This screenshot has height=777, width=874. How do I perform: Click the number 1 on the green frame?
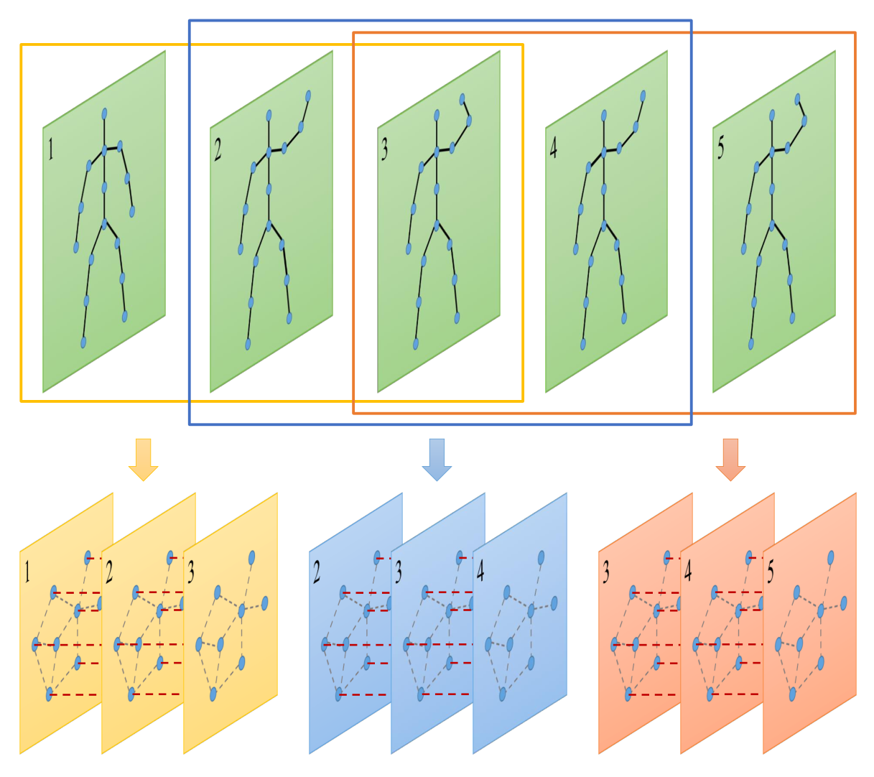(x=51, y=149)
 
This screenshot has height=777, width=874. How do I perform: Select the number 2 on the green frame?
(x=218, y=149)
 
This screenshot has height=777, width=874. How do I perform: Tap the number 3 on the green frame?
(x=384, y=149)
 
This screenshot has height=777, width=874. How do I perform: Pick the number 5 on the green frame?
(x=720, y=147)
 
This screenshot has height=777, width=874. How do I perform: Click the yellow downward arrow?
(x=143, y=460)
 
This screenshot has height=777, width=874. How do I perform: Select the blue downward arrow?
(x=437, y=460)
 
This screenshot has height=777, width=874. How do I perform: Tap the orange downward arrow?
(x=730, y=460)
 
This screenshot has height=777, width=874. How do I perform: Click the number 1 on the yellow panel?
(x=27, y=572)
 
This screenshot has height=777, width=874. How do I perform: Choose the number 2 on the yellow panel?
(x=109, y=572)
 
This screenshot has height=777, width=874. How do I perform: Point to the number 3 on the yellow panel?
(x=191, y=572)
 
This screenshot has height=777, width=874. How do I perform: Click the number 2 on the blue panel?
(x=317, y=572)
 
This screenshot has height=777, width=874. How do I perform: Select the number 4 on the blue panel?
(x=480, y=572)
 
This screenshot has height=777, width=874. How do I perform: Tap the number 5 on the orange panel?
(x=771, y=572)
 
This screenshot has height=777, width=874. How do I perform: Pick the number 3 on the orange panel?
(x=606, y=572)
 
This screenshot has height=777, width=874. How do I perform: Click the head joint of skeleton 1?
(x=104, y=114)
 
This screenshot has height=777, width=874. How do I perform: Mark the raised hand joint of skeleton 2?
(x=308, y=96)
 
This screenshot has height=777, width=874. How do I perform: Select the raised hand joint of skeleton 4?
(x=643, y=96)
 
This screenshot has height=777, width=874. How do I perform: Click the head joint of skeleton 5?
(x=772, y=115)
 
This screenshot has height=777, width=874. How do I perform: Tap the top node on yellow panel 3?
(x=251, y=557)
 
